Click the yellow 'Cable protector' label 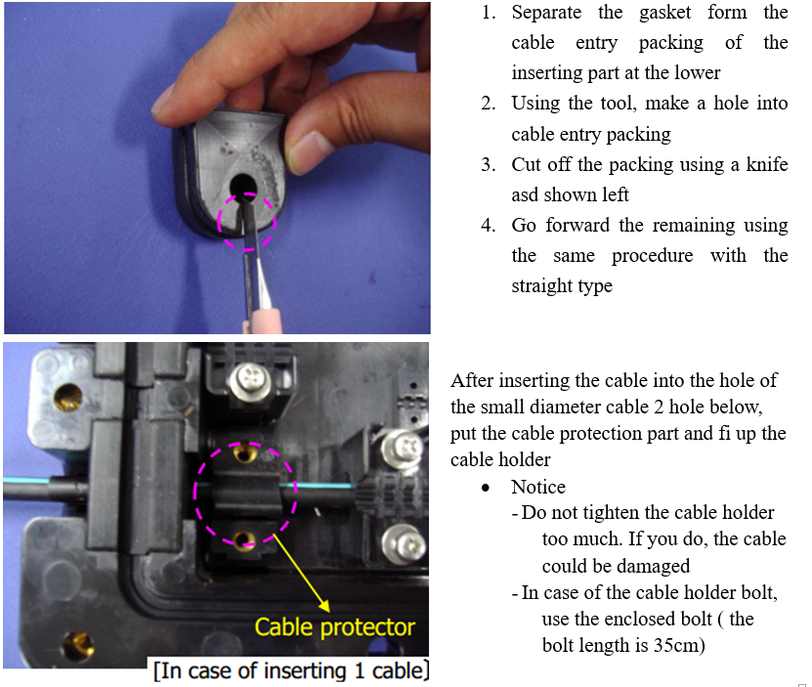334,627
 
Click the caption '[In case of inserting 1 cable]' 291,671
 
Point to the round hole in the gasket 243,185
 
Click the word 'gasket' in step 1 664,13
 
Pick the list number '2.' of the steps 489,104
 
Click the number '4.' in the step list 489,226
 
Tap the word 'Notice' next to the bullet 538,487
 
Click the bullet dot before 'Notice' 486,488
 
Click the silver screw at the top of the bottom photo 249,381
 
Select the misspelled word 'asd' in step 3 524,195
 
